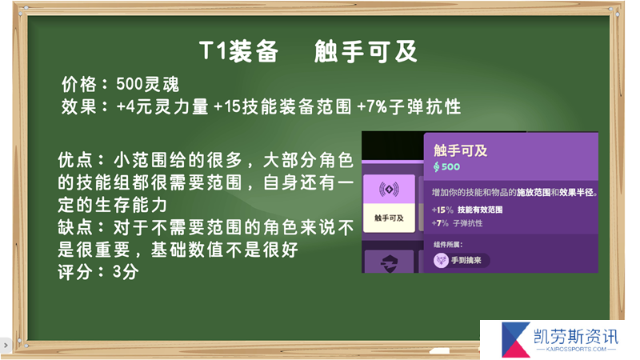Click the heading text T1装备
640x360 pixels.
(238, 51)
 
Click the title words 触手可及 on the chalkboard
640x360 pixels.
(366, 51)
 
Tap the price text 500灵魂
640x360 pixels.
(148, 85)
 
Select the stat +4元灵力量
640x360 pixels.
(162, 107)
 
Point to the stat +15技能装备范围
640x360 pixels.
(282, 107)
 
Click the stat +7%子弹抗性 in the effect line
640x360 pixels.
(409, 107)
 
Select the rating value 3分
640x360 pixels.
(126, 272)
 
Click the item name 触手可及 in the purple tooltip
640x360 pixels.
(461, 150)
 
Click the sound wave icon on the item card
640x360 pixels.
(389, 190)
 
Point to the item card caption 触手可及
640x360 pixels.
(389, 218)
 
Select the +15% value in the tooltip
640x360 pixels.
(442, 210)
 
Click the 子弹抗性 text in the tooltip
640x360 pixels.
(468, 223)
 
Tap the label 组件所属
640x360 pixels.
(448, 245)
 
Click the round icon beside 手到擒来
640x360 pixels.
(441, 260)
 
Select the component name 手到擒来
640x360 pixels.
(466, 260)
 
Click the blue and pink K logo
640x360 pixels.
(516, 339)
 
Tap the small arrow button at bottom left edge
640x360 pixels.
(6, 345)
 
